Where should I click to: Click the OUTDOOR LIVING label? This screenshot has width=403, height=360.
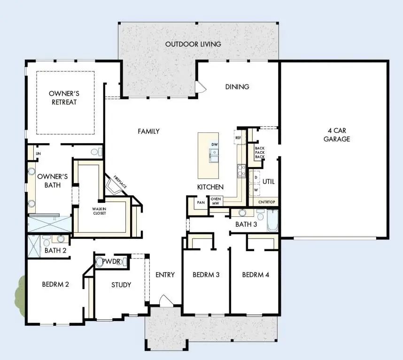[193, 44]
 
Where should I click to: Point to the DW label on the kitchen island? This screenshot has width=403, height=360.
[214, 144]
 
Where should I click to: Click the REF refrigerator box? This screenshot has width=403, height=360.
[238, 138]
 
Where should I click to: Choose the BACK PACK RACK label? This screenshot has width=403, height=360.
[259, 152]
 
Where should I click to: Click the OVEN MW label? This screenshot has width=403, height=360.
[216, 201]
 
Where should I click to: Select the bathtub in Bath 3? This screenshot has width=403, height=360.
[273, 221]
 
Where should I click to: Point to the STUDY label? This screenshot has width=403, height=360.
[121, 284]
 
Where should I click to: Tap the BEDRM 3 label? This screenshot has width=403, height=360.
[206, 275]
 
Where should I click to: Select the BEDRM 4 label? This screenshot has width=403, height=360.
[256, 275]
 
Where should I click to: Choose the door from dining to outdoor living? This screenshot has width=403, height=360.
[201, 87]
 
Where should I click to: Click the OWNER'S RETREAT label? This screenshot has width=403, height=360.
[62, 98]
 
